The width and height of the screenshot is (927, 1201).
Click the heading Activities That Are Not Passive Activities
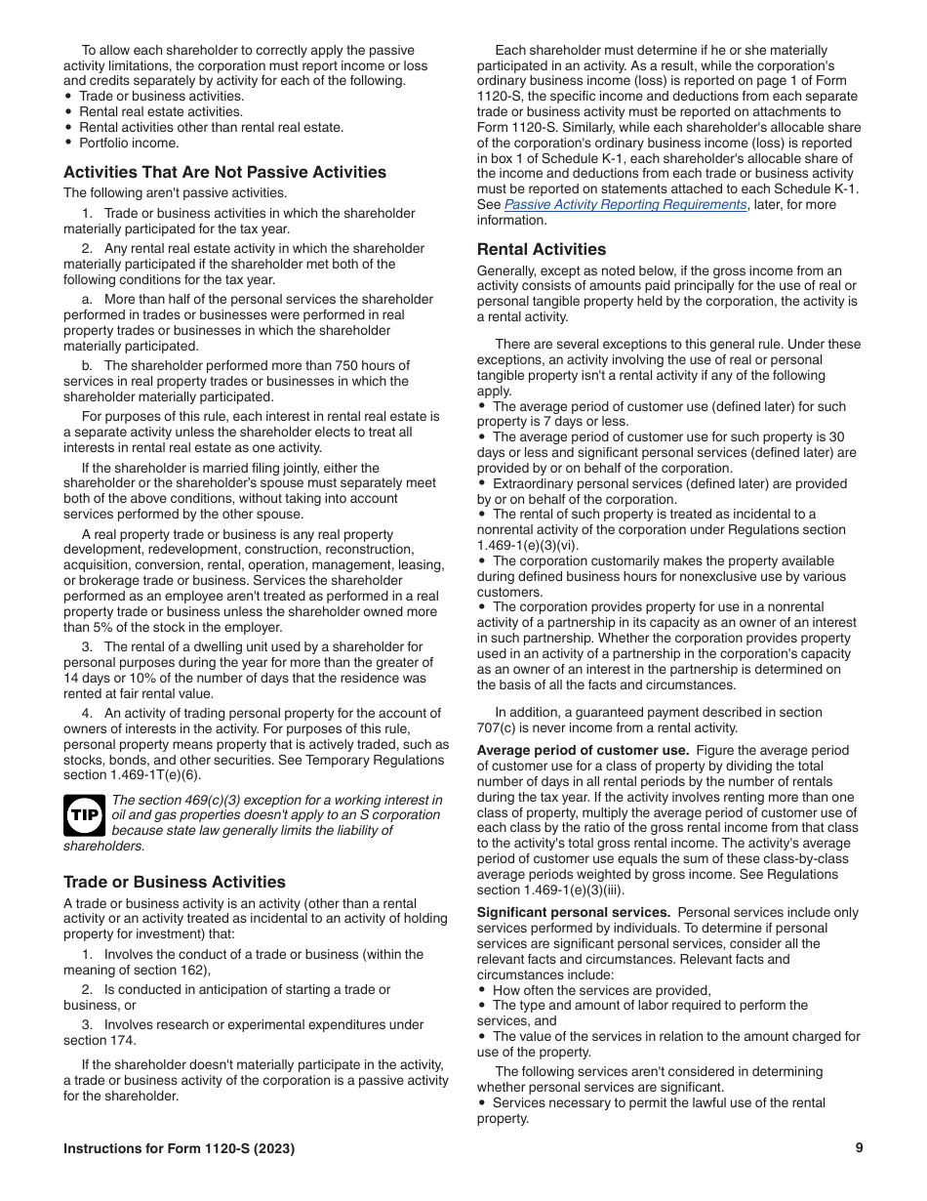pos(224,173)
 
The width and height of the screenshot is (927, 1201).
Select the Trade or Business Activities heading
pos(175,882)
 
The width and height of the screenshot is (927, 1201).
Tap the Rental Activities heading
pos(541,249)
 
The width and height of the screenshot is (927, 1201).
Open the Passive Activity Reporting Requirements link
pos(625,205)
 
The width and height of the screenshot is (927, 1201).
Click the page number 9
pos(859,1148)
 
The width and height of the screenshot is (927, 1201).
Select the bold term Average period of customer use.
pos(583,751)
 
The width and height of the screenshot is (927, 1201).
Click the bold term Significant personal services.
pos(573,913)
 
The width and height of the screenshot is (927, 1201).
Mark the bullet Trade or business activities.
pos(161,97)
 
